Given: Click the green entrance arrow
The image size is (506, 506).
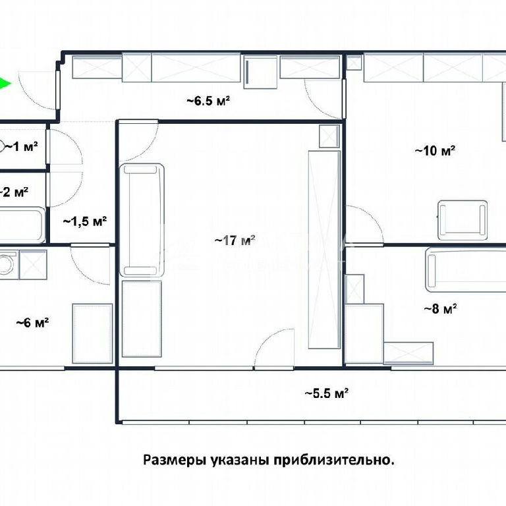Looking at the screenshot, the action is (x=5, y=84).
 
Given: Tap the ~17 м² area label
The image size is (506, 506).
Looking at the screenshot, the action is (x=235, y=240).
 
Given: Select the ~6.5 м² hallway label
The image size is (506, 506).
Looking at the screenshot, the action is (x=208, y=101).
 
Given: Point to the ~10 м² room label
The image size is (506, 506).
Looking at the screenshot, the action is (x=435, y=151).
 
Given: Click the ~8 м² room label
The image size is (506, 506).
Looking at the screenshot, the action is (x=440, y=309).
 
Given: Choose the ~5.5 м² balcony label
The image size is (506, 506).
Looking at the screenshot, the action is (x=327, y=393).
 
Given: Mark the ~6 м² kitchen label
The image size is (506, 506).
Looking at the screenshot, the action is (x=32, y=322).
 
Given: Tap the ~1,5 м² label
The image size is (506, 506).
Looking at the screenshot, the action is (x=85, y=221).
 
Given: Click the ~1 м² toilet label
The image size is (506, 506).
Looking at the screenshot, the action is (x=21, y=147).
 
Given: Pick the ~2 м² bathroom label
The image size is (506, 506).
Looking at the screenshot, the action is (x=14, y=192).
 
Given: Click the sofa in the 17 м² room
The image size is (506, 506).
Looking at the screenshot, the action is (x=142, y=220).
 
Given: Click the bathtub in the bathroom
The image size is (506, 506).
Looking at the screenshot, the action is (x=22, y=225).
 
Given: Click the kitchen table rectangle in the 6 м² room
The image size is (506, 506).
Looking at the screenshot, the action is (x=93, y=333).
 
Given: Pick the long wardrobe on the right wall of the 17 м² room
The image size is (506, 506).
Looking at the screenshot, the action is (x=324, y=250).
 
